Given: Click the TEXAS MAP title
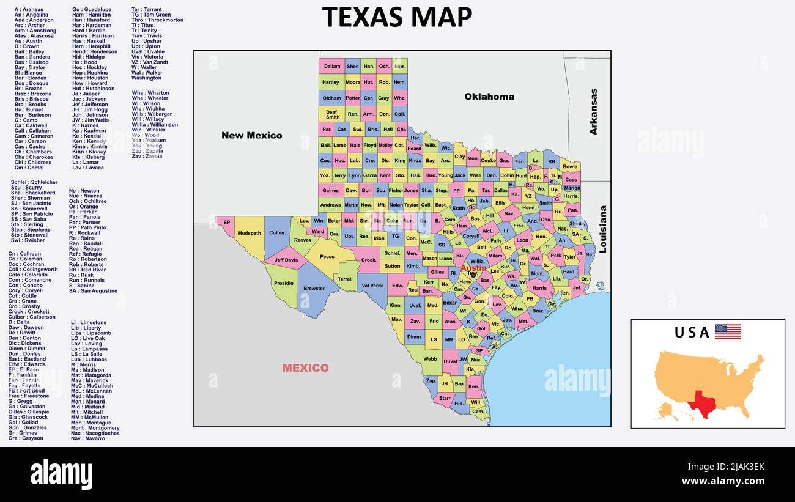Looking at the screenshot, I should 397,17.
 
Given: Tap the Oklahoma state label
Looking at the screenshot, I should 489,97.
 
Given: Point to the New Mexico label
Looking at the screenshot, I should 251,135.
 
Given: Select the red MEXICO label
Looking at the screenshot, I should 305,368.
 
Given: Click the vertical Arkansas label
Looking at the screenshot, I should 593,111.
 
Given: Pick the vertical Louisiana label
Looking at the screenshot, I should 602,229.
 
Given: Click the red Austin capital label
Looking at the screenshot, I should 473,268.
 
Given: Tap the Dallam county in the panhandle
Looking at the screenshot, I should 331,67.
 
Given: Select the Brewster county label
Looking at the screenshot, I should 314,289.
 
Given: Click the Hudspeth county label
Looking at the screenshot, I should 250,233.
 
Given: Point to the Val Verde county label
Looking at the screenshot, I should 372,286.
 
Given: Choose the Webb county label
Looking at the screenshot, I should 430,360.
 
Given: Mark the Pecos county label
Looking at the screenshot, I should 327,257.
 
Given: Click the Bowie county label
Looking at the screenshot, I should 569,166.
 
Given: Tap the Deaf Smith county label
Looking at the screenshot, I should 331,114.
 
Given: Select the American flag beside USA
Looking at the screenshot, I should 728,332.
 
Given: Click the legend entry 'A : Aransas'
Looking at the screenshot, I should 29,10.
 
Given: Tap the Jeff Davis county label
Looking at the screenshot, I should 286,260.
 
